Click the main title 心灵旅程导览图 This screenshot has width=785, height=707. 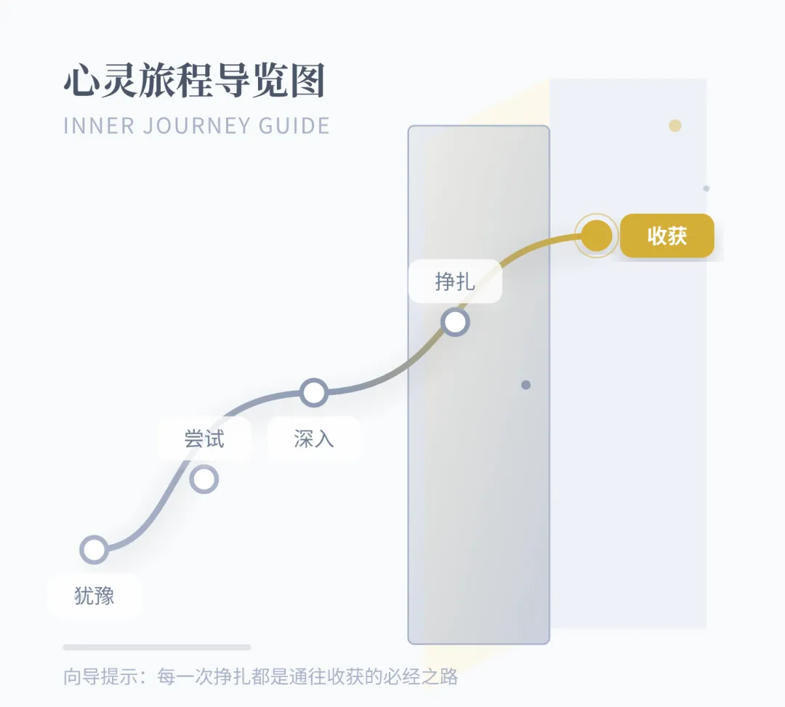194,83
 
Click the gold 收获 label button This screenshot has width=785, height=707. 667,236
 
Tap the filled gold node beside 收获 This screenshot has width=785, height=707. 597,236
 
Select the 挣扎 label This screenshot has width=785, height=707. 455,281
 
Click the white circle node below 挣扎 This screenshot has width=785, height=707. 455,322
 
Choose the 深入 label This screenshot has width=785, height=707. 313,439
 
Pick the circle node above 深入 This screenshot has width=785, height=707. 313,393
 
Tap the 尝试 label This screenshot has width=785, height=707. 204,439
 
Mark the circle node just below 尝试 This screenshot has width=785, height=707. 204,479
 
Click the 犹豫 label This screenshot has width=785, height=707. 94,596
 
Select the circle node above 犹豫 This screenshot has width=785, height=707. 94,550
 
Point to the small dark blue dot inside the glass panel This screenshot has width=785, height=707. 526,385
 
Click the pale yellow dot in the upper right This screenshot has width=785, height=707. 675,126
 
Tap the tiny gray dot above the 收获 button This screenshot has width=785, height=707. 706,188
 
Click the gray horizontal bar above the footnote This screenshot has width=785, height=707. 157,647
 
